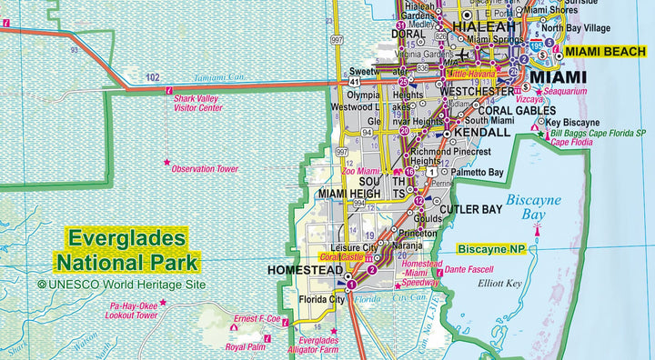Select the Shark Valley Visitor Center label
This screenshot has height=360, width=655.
(197, 103)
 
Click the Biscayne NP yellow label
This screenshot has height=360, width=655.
(492, 247)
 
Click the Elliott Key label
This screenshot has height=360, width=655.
(502, 283)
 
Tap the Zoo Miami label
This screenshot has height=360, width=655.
(361, 170)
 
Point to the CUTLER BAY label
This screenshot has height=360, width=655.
(470, 209)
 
